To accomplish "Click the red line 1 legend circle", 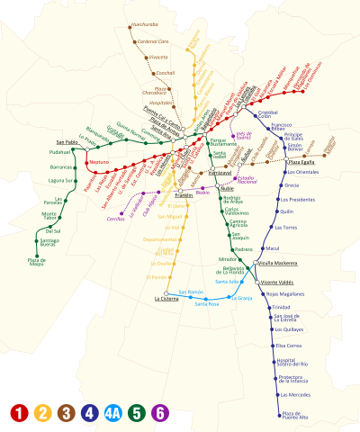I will click(18, 413).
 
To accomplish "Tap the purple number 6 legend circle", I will click(159, 413).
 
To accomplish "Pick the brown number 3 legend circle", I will click(66, 413).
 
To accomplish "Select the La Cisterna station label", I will click(167, 299).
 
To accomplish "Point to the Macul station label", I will click(274, 247).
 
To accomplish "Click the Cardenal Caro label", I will click(153, 41).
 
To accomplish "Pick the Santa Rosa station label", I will click(207, 303).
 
